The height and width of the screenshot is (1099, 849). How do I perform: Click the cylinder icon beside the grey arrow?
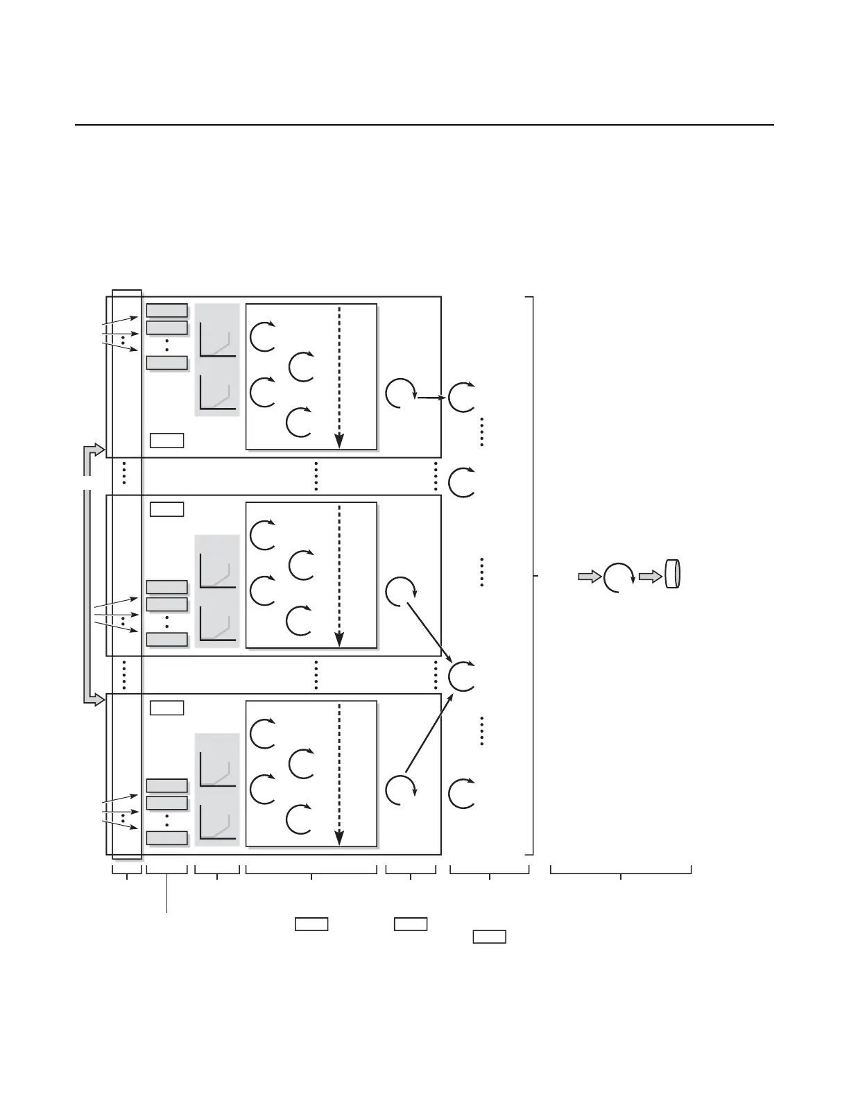click(x=673, y=575)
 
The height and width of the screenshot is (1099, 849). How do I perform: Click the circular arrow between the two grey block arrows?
click(x=619, y=577)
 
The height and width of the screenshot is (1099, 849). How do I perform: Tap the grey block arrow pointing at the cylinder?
click(x=651, y=577)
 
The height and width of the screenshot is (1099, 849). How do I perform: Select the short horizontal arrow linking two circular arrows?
click(x=431, y=398)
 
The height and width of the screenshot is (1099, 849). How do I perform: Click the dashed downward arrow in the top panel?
click(x=339, y=375)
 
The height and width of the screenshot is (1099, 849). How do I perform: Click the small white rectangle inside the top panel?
click(x=167, y=440)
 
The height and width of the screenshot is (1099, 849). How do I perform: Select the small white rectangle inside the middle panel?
click(x=167, y=509)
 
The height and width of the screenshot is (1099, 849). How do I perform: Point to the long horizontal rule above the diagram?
click(x=424, y=125)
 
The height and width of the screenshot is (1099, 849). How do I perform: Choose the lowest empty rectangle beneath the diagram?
click(x=489, y=937)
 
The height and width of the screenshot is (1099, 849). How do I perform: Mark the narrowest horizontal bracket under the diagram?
click(x=127, y=869)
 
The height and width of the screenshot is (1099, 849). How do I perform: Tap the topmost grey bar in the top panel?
click(x=167, y=310)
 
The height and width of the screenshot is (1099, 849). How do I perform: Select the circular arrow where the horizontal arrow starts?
click(x=400, y=393)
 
